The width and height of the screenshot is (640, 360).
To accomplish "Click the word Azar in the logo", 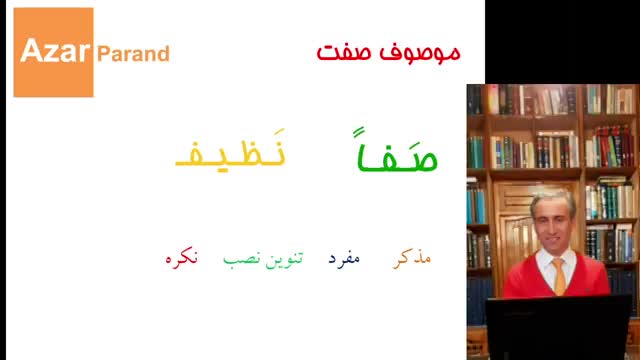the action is [x=55, y=51].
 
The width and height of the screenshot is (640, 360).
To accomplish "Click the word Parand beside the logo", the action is [x=133, y=54].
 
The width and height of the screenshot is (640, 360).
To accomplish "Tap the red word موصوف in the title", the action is [x=420, y=53].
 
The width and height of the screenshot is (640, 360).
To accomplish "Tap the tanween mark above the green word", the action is [x=358, y=133].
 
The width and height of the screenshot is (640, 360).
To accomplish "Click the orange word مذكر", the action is [x=412, y=258].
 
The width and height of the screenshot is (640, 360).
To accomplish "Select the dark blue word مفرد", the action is [x=344, y=258].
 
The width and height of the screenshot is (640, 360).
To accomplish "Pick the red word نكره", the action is [x=182, y=258].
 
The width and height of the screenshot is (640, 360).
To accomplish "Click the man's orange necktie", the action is [x=559, y=276].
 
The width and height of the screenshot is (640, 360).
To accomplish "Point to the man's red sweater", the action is [x=556, y=278].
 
